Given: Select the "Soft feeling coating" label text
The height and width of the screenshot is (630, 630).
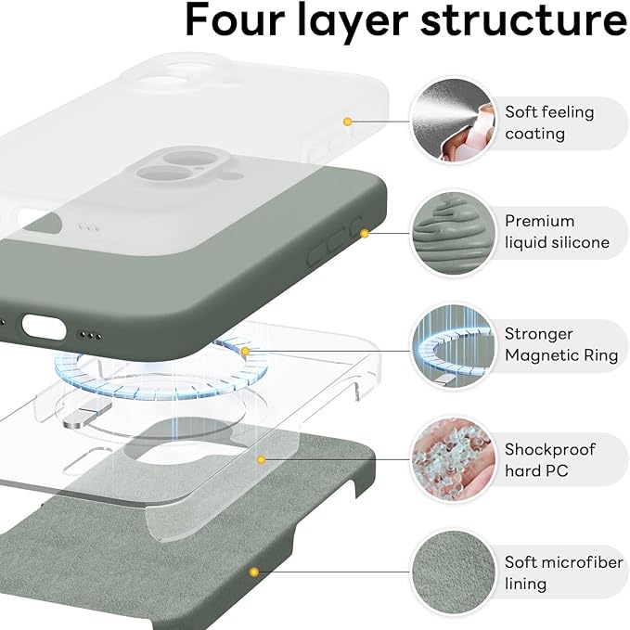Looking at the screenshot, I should pos(548,122).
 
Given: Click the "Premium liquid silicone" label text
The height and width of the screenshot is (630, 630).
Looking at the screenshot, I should pos(557,232).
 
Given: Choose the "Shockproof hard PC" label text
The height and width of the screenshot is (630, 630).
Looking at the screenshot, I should pos(549,460).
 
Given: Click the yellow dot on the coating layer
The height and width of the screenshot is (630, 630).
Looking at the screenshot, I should pos(347,122).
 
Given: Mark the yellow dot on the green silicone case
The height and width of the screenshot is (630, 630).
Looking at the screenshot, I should pos(365,233).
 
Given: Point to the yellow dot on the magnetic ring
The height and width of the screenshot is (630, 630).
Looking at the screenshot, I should pos(245,352).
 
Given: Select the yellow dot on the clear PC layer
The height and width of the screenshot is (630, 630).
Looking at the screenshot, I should pos(263,459).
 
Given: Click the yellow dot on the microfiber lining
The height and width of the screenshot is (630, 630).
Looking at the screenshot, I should pos(251,572).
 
